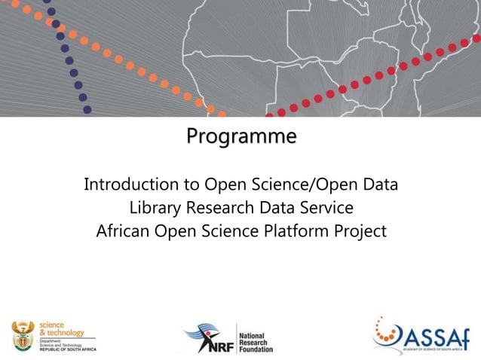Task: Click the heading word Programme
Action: (x=241, y=137)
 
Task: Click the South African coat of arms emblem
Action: (x=23, y=335)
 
